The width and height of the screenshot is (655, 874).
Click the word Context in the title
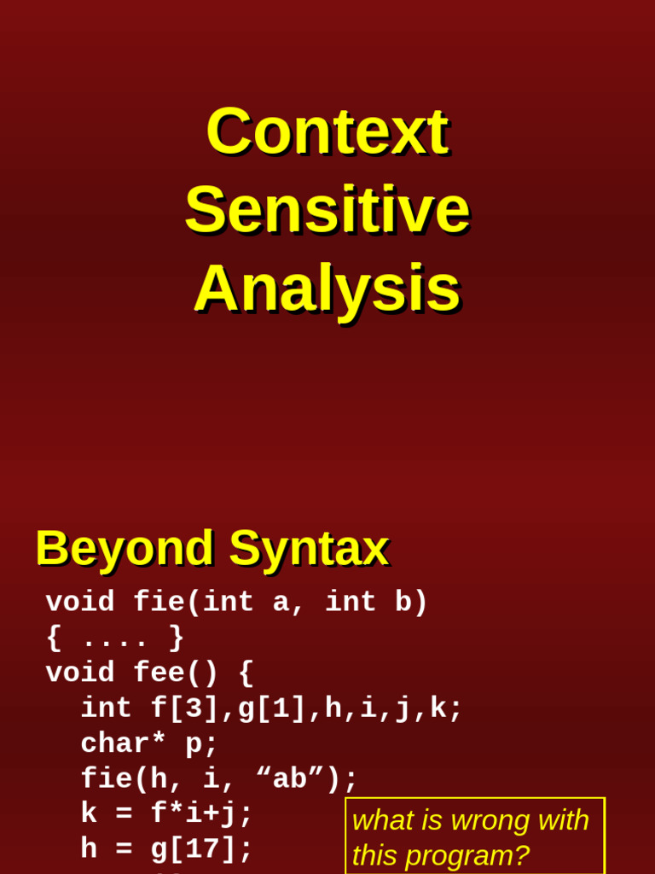click(327, 131)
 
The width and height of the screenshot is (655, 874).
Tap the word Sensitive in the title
click(327, 210)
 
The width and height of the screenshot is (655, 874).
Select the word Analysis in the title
click(327, 288)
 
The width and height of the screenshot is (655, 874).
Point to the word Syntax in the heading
click(309, 548)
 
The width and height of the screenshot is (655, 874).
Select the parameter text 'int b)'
click(376, 603)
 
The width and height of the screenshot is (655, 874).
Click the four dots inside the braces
click(114, 638)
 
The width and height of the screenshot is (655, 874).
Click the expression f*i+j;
click(202, 814)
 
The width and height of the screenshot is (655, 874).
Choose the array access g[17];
click(202, 849)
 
